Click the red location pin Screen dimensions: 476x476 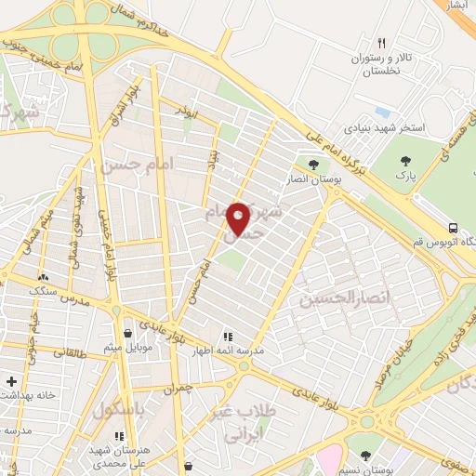pos(239,218)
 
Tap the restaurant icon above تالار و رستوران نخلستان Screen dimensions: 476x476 pos(381,43)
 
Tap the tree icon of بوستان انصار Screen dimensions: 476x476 pos(313,164)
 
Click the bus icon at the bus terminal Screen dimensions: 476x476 pos(453,227)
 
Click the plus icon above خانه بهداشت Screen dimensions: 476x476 pos(10,381)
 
